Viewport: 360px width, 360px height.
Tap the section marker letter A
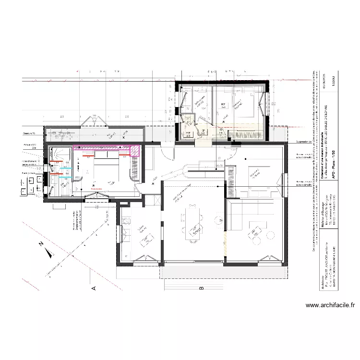[x=94, y=288]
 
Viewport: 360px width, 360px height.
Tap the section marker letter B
[x=202, y=288]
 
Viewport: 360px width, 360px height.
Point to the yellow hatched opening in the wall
[x=224, y=243]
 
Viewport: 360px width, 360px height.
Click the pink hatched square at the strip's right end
[x=136, y=151]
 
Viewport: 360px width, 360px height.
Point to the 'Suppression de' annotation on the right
[x=304, y=142]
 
